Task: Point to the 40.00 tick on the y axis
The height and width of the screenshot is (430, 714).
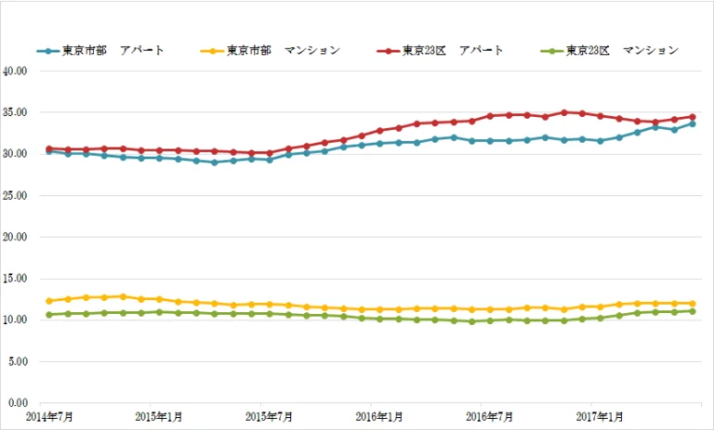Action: tap(16, 71)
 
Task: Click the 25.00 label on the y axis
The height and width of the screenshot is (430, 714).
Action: tap(16, 196)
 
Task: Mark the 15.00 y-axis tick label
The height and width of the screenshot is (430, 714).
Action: tap(16, 279)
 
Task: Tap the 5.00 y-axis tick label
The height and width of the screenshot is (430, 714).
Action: tap(19, 362)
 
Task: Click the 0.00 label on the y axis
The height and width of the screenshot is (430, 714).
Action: tap(19, 403)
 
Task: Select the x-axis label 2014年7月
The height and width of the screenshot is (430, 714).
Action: tap(48, 417)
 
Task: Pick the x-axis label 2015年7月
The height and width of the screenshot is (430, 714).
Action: tap(269, 417)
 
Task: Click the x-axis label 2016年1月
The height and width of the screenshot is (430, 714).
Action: tap(379, 417)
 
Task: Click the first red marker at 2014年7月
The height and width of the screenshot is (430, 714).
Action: tap(49, 149)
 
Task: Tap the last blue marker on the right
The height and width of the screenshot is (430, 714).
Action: tap(693, 124)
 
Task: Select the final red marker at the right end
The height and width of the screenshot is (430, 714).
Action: tap(693, 117)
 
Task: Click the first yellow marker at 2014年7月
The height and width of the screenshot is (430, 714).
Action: tap(49, 301)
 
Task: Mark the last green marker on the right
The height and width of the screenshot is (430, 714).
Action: tap(693, 311)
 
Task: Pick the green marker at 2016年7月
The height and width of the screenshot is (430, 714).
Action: tap(490, 320)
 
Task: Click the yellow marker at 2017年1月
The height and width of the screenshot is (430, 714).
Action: tap(601, 306)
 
